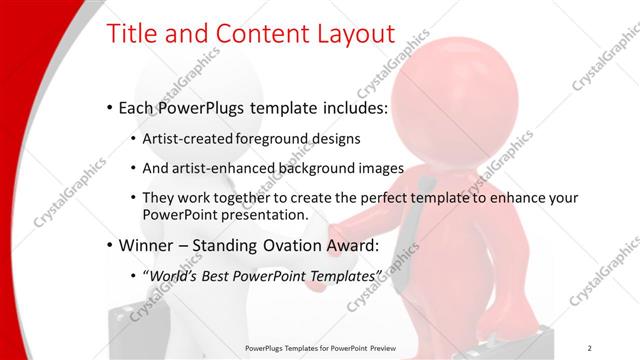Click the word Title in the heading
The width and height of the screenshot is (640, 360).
(x=135, y=35)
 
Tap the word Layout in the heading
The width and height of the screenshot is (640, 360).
(x=345, y=35)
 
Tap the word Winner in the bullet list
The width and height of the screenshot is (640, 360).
(x=148, y=245)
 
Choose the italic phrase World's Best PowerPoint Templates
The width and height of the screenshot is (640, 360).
(x=264, y=274)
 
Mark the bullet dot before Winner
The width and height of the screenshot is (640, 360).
(x=109, y=246)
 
